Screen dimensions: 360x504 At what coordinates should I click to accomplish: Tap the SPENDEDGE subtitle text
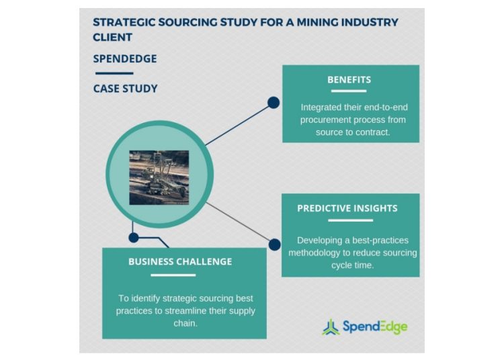tap(125, 58)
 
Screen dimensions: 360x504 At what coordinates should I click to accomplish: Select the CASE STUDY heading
tap(126, 88)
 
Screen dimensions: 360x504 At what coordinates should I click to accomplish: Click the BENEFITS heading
tap(349, 79)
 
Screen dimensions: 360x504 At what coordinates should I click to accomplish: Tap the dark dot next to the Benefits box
tap(274, 103)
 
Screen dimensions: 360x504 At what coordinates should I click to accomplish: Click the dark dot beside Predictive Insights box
tap(274, 245)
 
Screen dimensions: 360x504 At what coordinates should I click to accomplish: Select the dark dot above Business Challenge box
tap(134, 237)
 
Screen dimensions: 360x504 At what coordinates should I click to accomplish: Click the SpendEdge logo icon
tap(331, 327)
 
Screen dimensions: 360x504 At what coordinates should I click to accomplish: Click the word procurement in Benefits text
tap(328, 120)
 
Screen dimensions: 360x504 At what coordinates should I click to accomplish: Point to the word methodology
tap(321, 253)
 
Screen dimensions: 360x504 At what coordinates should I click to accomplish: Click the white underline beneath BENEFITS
tap(349, 91)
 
